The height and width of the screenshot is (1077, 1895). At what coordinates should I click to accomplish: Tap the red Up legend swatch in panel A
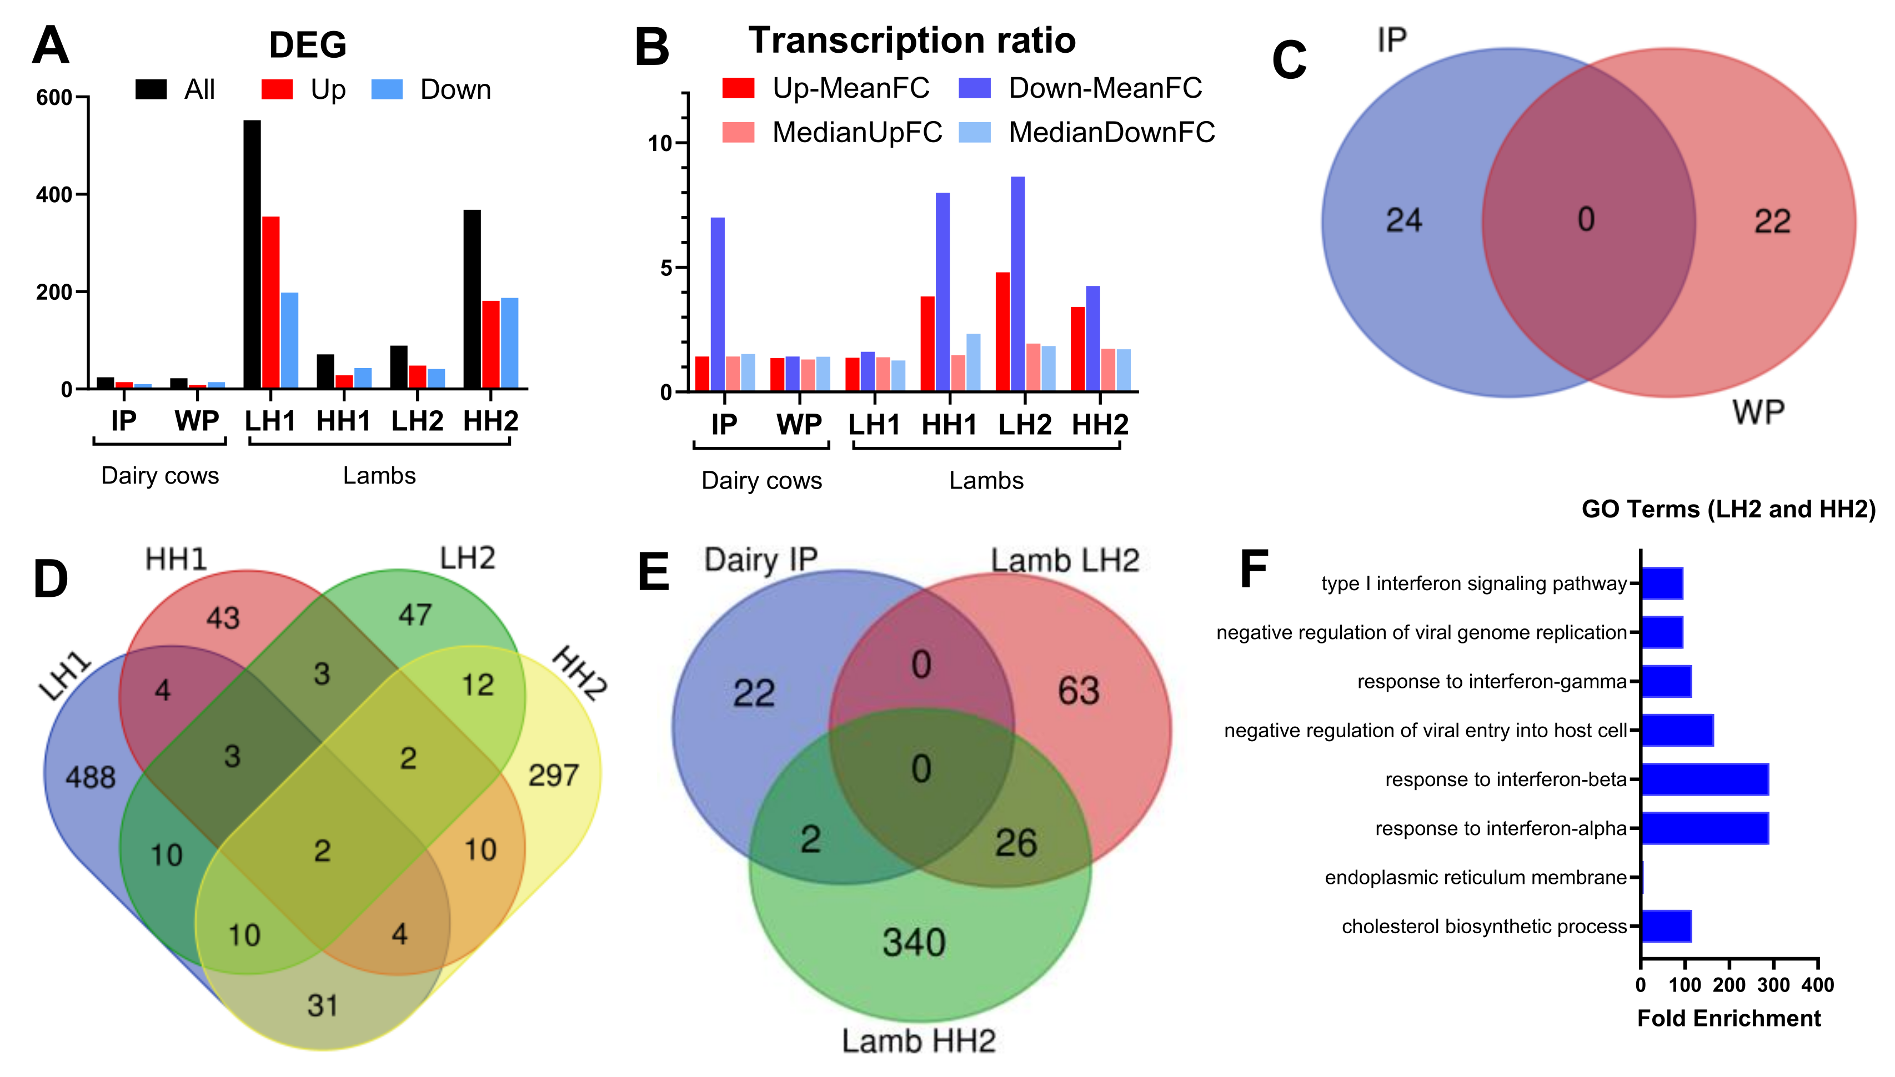pos(277,89)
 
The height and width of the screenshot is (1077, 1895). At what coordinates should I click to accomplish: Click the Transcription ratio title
pos(911,40)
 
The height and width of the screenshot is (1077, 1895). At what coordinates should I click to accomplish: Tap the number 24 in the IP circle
pos(1403,220)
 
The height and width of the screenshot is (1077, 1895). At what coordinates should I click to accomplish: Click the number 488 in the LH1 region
pos(91,777)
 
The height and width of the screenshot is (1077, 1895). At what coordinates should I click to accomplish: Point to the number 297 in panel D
pos(553,775)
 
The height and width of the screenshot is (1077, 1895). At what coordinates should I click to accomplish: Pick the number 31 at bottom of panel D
pos(323,1005)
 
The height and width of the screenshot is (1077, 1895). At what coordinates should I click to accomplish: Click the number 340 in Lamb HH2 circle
pos(914,943)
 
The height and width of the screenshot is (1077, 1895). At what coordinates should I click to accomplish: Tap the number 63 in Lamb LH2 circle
pos(1078,691)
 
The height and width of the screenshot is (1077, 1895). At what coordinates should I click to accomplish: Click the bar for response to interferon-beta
pos(1704,779)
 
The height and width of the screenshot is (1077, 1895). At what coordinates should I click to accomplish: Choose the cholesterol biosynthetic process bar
pos(1666,926)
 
